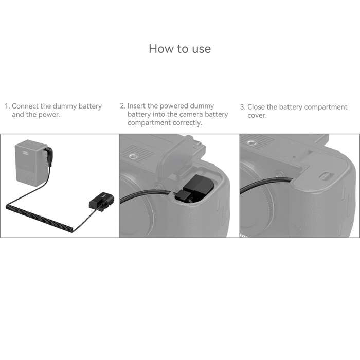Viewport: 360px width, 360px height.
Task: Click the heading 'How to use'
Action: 179,49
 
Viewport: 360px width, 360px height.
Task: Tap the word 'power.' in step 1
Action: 49,115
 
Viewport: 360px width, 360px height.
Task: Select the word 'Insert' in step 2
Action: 138,106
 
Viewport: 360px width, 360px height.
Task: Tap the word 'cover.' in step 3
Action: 257,116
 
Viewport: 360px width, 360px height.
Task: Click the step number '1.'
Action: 8,106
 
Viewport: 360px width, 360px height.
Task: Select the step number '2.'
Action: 123,106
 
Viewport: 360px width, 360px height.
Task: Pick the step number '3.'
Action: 243,107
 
